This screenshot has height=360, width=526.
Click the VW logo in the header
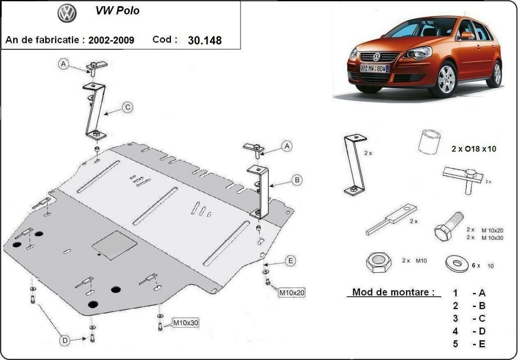coord(67,14)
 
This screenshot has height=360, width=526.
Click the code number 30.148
coord(205,40)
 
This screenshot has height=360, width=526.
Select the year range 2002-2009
coord(111,40)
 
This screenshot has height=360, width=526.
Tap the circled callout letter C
coord(127,107)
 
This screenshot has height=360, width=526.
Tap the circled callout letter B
coord(297,180)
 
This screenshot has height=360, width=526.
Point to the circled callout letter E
coord(290,261)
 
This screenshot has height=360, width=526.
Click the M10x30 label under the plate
coord(186,323)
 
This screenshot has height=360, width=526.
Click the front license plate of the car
coord(374,68)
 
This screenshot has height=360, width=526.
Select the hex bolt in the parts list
coord(448,226)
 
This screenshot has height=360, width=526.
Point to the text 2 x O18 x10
coord(474,148)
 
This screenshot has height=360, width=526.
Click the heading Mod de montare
coord(393,292)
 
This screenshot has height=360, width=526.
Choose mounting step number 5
coord(455,344)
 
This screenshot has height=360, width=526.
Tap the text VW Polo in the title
coord(117,11)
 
